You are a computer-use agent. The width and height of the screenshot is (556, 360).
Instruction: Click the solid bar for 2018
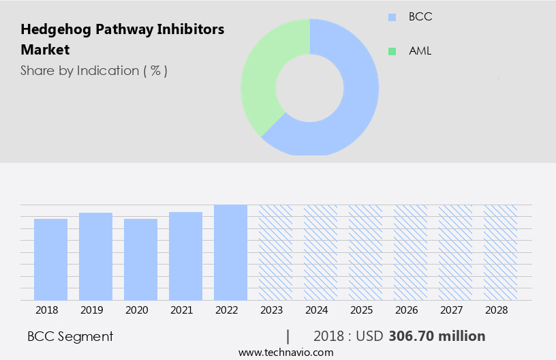(x=50, y=259)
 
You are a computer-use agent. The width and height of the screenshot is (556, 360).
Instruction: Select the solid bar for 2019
(x=95, y=256)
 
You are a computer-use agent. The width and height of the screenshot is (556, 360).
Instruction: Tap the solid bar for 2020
(x=140, y=259)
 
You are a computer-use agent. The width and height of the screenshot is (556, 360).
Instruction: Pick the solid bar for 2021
(x=185, y=256)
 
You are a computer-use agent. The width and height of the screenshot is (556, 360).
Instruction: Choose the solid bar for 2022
(x=230, y=252)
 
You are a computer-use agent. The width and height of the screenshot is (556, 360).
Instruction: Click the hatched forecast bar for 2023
(x=275, y=252)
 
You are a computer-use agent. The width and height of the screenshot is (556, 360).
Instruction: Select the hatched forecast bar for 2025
(x=365, y=252)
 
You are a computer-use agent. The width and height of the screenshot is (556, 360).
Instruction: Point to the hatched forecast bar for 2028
(x=500, y=252)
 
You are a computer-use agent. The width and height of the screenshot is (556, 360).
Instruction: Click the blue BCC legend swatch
(x=392, y=17)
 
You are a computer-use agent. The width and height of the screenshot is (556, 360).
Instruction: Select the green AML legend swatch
(x=392, y=51)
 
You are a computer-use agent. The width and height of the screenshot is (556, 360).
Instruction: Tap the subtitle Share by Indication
(x=93, y=70)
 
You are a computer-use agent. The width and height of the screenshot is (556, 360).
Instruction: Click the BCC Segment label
(x=70, y=336)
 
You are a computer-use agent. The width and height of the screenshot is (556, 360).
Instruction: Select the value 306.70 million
(x=437, y=336)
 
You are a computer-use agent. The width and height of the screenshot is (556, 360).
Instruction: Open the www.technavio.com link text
(x=285, y=352)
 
